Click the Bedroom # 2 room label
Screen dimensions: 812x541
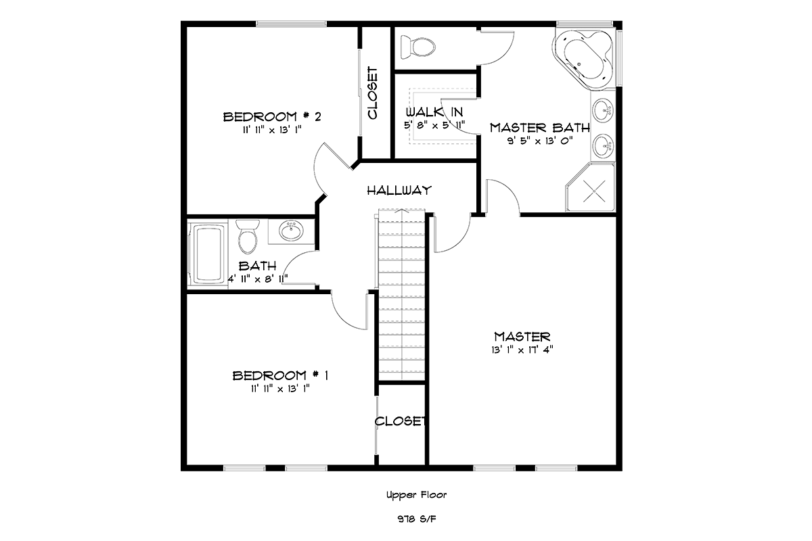[272, 117]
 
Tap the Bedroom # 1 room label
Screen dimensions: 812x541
[280, 376]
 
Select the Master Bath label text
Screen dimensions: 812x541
[540, 128]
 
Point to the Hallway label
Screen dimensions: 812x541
[399, 191]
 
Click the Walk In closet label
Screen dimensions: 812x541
[434, 112]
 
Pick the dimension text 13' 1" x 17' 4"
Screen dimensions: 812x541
[522, 350]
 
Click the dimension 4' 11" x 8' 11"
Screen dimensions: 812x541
[258, 279]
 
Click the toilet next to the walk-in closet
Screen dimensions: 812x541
[418, 47]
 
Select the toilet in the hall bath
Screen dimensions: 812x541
[248, 237]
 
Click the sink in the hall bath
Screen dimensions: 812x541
[291, 231]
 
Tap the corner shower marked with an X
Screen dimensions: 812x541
[591, 187]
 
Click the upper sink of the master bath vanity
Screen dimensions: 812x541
[603, 109]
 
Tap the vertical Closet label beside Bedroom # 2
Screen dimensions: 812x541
[373, 93]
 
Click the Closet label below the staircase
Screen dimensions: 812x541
[400, 421]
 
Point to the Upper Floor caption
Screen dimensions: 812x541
[417, 495]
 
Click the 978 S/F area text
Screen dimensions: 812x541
[417, 519]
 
